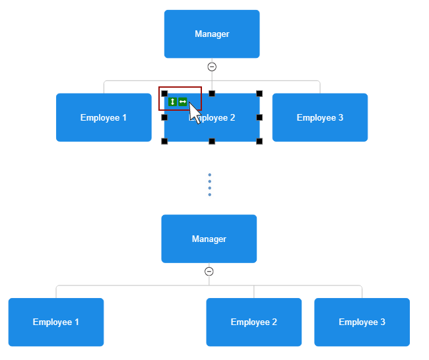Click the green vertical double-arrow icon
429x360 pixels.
pos(172,102)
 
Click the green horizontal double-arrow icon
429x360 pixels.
pos(183,102)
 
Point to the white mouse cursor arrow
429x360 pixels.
pos(195,113)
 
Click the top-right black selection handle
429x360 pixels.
pos(259,94)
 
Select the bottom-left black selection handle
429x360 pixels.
pos(164,141)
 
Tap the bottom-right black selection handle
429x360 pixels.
pos(259,141)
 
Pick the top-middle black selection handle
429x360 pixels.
pos(212,94)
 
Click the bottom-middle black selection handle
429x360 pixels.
pos(212,141)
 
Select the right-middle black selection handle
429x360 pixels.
pos(259,117)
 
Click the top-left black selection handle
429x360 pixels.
pos(164,94)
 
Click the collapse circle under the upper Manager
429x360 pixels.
pos(212,67)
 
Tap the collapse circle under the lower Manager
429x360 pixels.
pos(209,272)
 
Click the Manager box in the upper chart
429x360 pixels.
pos(212,34)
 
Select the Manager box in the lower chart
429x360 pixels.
pos(209,239)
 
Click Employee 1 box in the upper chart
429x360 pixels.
pos(104,117)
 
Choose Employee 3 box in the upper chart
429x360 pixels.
pos(320,117)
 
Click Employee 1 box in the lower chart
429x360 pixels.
pos(56,322)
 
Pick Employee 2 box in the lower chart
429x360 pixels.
pos(254,322)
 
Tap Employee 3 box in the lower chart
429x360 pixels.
pos(362,322)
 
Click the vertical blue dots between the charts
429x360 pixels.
pos(210,185)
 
